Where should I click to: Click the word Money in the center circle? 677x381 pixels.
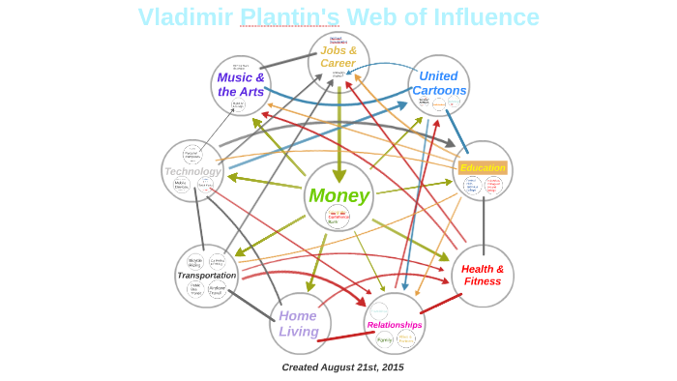pos(338,195)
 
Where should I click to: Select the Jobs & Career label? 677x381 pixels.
pos(338,56)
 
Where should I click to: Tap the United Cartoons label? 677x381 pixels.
pos(439,83)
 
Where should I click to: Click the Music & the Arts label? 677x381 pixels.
pos(241,84)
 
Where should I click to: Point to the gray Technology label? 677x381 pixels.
pos(192,171)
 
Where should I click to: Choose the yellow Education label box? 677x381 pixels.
pos(483,167)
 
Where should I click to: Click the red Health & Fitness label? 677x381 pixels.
pos(483,275)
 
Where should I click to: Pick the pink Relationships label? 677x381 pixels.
pos(395,325)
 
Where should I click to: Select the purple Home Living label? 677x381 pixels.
pos(299,323)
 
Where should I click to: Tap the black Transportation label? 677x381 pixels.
pos(206,275)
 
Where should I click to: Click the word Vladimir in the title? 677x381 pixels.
pos(186,17)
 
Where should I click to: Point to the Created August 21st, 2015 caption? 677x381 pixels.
pos(342,367)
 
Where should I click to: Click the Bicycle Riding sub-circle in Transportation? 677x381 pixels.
pos(195,261)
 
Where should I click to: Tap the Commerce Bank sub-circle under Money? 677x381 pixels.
pos(338,218)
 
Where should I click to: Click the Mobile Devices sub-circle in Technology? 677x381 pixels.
pos(181,185)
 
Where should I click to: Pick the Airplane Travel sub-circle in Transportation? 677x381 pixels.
pos(217,289)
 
